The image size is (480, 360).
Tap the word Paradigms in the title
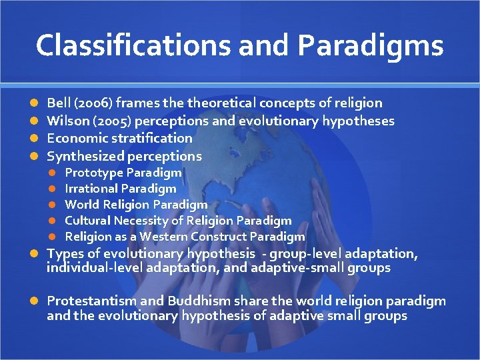[371, 45]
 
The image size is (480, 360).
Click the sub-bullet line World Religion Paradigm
[136, 205]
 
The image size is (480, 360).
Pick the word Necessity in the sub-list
[140, 221]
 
